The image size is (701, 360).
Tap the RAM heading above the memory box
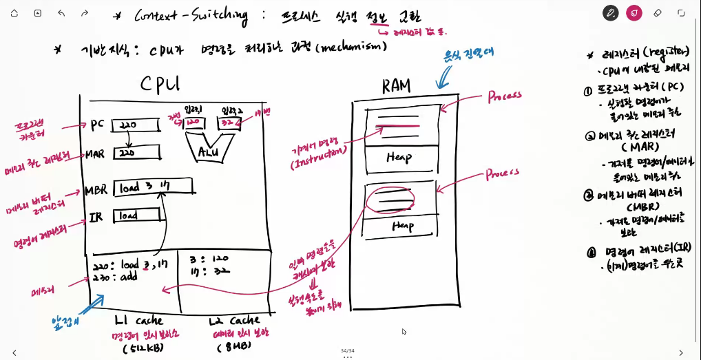click(x=396, y=85)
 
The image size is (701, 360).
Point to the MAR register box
click(x=136, y=151)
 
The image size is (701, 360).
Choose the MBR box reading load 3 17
click(x=151, y=187)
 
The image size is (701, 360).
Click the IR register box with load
click(x=135, y=216)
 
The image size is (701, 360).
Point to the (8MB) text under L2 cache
click(x=235, y=346)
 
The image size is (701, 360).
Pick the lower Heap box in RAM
click(x=402, y=225)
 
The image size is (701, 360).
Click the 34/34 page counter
click(x=347, y=350)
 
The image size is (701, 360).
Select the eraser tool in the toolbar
click(x=656, y=13)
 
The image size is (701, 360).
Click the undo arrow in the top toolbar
click(x=61, y=13)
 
